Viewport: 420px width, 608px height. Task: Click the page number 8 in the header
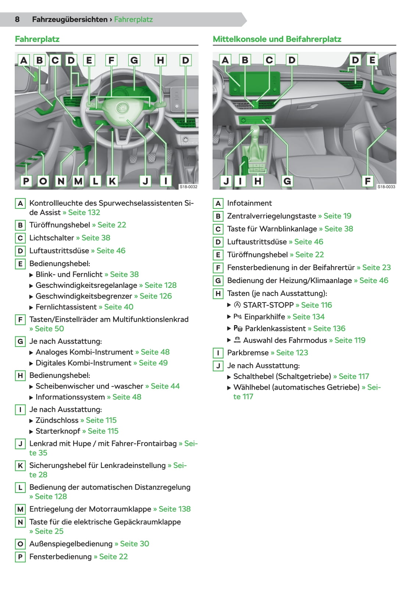(x=17, y=19)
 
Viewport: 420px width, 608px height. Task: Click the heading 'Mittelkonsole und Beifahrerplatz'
(x=277, y=39)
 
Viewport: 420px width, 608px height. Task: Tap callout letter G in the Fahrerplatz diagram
(x=134, y=60)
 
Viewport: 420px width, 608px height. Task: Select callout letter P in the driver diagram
(x=26, y=180)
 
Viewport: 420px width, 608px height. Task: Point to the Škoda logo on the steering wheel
(x=122, y=108)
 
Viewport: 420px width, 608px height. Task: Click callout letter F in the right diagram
(x=368, y=180)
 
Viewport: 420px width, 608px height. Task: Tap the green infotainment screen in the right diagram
(x=255, y=83)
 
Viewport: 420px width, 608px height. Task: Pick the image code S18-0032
(x=188, y=187)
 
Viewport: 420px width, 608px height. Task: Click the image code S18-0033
(x=386, y=187)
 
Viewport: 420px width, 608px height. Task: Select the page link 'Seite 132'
(x=84, y=212)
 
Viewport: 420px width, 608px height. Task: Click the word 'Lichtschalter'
(x=51, y=238)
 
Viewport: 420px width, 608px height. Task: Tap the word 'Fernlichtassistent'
(x=66, y=307)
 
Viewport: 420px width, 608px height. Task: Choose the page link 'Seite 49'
(x=153, y=362)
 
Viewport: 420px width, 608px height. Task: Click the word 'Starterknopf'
(x=58, y=431)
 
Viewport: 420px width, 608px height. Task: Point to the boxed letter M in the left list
(x=20, y=509)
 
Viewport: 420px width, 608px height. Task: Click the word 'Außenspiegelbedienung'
(x=71, y=544)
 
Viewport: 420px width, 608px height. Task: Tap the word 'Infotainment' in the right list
(x=249, y=203)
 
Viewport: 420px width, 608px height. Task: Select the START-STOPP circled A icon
(x=237, y=305)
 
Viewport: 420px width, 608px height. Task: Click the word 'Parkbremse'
(x=248, y=353)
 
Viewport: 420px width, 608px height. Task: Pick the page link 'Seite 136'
(x=329, y=328)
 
